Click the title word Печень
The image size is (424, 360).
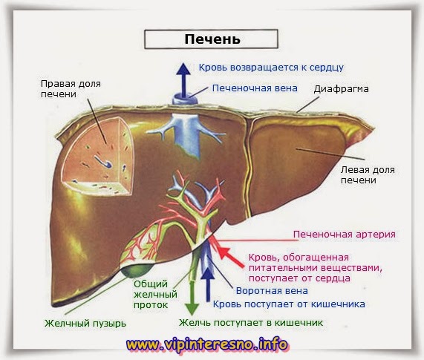click(212, 39)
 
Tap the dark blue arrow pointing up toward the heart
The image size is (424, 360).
click(184, 80)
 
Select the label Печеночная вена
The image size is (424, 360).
click(255, 88)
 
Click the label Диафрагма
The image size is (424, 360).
click(341, 89)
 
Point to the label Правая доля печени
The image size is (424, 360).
click(71, 88)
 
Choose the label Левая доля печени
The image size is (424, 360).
click(368, 175)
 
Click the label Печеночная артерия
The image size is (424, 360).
click(345, 234)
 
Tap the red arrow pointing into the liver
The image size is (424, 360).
click(231, 257)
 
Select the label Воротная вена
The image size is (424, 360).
click(272, 291)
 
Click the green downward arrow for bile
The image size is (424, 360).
click(192, 298)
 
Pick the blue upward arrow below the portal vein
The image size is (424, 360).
click(208, 284)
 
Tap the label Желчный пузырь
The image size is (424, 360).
click(85, 323)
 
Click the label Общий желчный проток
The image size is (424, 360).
click(155, 295)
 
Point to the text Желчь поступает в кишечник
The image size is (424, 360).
click(251, 322)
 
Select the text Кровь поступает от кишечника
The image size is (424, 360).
click(289, 304)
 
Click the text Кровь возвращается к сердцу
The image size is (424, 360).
click(271, 68)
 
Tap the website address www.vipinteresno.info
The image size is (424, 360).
click(207, 344)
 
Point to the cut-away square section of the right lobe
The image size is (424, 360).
click(98, 157)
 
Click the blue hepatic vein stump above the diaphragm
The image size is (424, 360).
click(185, 99)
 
